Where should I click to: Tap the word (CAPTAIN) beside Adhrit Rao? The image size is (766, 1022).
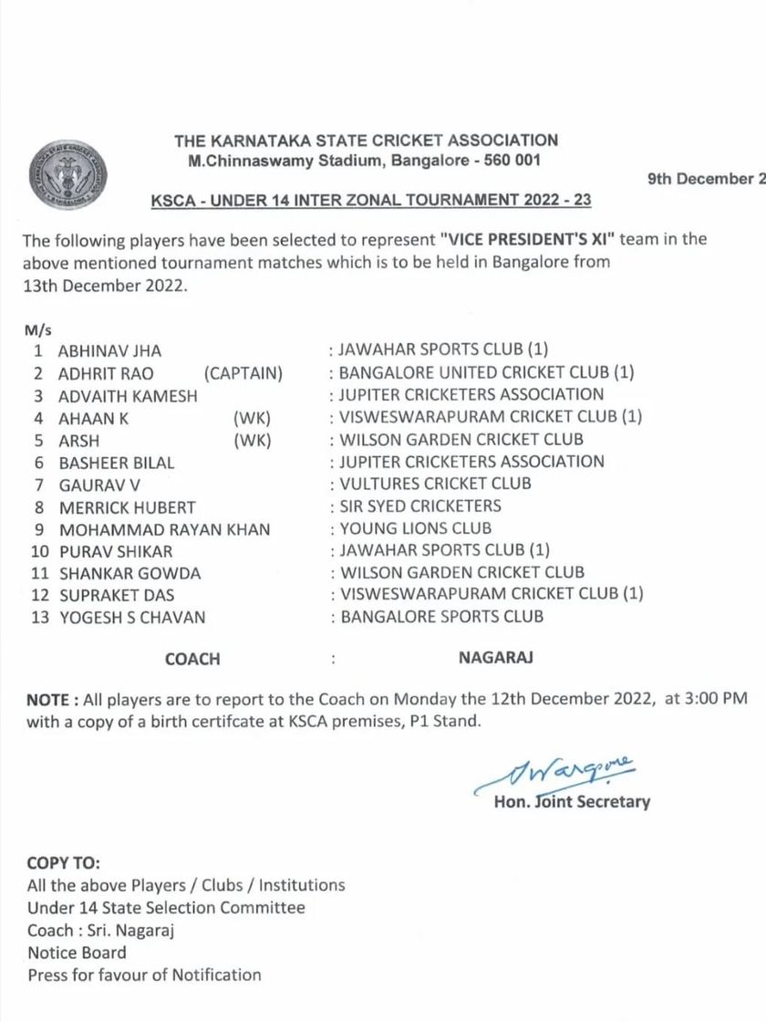(x=243, y=373)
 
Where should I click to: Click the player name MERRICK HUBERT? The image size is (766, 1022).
(x=127, y=507)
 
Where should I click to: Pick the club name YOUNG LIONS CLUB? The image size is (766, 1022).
(x=416, y=528)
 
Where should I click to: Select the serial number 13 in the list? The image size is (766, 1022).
(x=40, y=618)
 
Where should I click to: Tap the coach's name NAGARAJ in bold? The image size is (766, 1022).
(x=495, y=657)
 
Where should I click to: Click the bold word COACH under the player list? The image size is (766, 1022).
(x=192, y=659)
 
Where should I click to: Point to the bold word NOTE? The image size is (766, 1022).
(x=47, y=700)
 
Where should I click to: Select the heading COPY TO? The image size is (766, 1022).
(x=64, y=863)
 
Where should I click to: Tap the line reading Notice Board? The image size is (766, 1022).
(x=77, y=953)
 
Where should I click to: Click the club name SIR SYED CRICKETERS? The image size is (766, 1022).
(x=420, y=506)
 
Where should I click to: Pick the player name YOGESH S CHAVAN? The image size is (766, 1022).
(x=131, y=618)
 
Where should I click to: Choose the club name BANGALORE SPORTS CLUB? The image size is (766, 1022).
(x=441, y=617)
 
